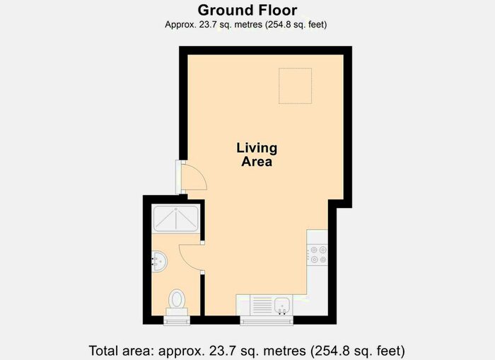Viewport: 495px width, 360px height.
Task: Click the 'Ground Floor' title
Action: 247,10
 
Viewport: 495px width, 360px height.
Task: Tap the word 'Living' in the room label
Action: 257,149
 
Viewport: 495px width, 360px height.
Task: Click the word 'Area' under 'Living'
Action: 257,162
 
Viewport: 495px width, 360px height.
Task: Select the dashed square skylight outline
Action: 295,86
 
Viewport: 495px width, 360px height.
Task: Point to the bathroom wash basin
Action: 159,262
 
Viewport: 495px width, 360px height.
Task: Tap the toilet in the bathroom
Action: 177,301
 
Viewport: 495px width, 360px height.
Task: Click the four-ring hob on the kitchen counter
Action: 318,254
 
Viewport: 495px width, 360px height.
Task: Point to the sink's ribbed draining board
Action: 262,304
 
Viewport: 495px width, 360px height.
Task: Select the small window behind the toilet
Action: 177,320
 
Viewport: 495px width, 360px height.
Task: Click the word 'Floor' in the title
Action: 277,10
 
